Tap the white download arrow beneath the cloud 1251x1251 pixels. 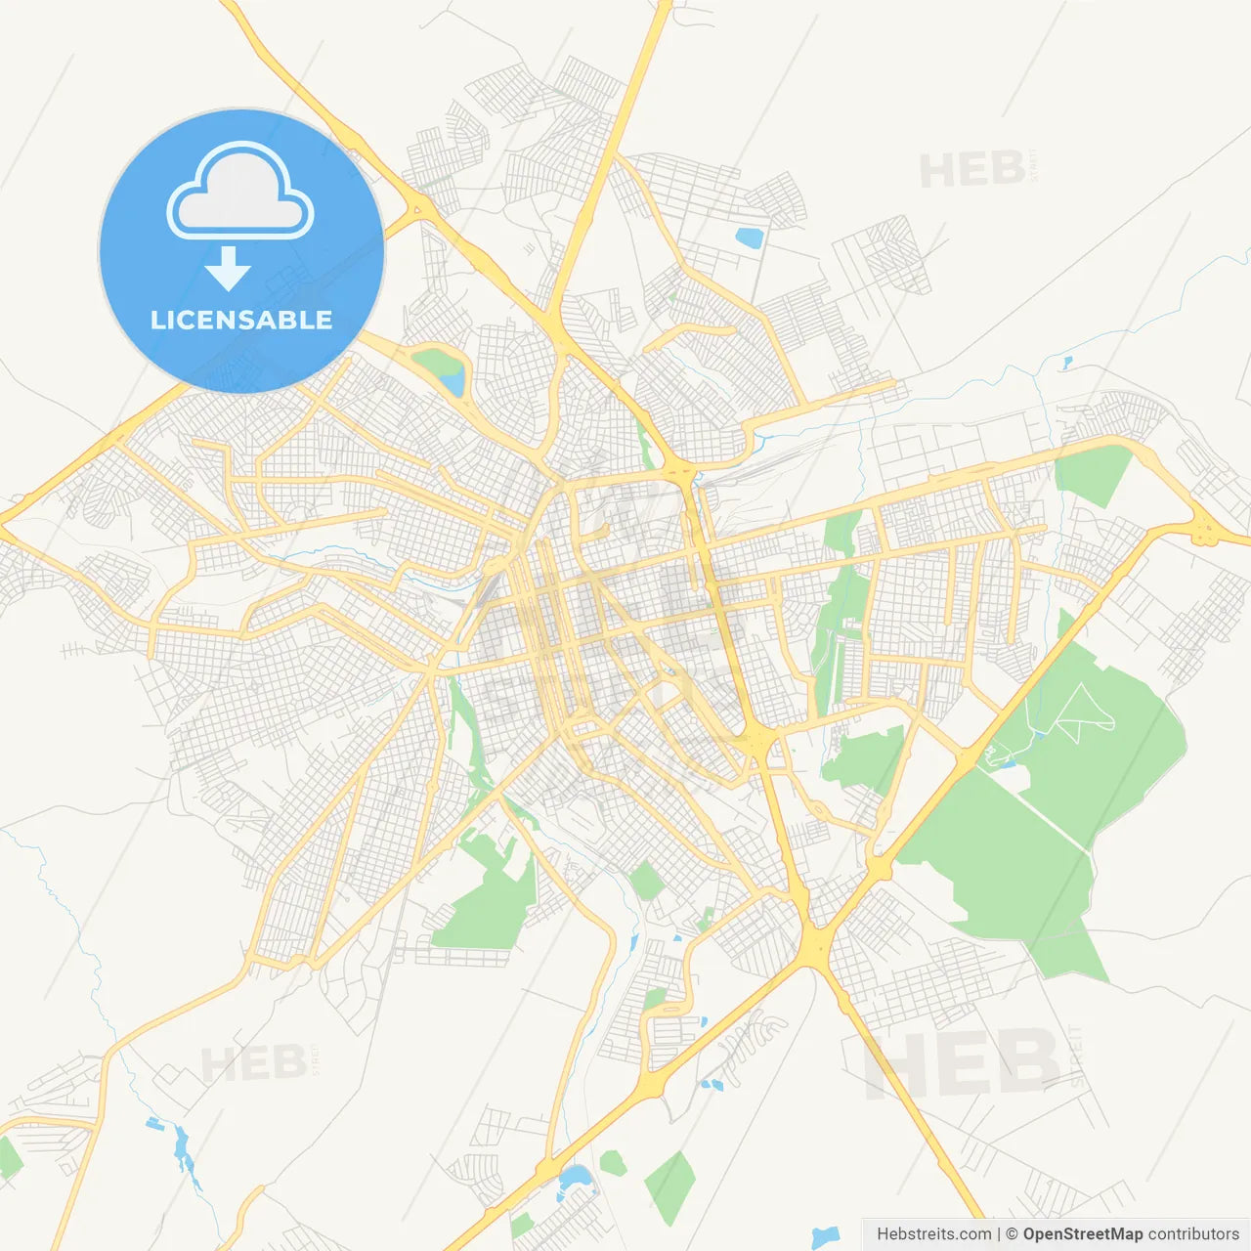click(x=228, y=269)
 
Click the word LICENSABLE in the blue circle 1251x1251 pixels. click(x=241, y=321)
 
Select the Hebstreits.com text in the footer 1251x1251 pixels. click(x=933, y=1234)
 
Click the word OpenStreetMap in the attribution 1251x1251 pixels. click(x=1082, y=1234)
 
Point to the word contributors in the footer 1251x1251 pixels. click(x=1192, y=1234)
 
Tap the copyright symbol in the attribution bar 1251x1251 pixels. click(x=1012, y=1234)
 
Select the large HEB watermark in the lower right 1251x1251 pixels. click(x=963, y=1063)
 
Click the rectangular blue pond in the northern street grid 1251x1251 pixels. click(x=750, y=237)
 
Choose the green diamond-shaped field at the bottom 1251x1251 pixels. click(x=669, y=1187)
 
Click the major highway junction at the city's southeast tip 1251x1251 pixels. click(x=815, y=943)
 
